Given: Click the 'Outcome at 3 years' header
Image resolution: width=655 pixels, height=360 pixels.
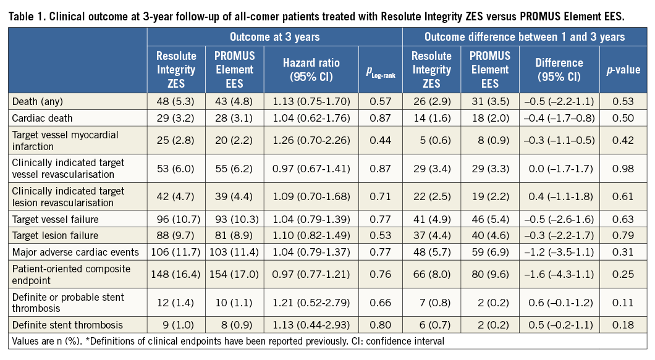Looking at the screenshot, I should (x=274, y=37).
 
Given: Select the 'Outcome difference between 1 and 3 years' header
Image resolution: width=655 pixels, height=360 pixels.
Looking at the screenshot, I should (x=525, y=37).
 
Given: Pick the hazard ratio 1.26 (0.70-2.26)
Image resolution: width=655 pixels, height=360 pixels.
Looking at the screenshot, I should (x=311, y=141).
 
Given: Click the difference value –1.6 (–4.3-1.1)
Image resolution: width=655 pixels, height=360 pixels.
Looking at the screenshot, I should (x=559, y=271).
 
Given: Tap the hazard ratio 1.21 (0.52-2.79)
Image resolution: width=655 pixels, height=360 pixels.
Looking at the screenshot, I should (x=311, y=303).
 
